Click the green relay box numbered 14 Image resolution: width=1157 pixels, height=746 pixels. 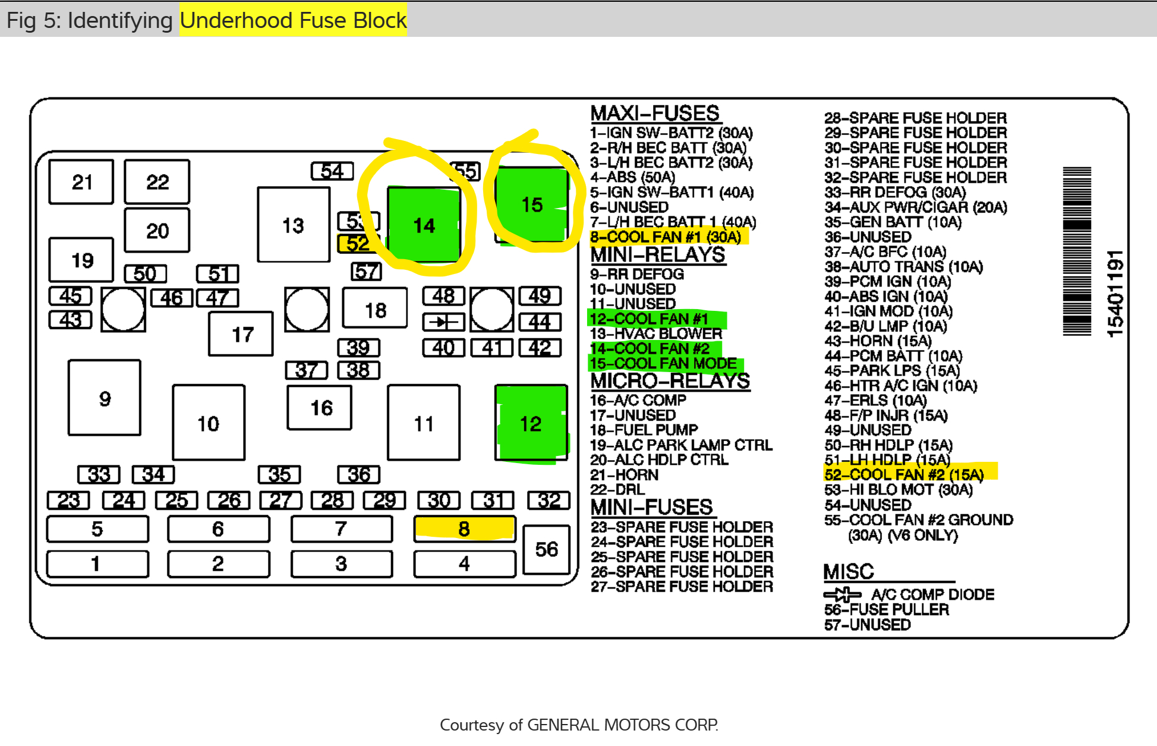(424, 225)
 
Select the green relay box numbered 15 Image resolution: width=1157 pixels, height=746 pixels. (531, 204)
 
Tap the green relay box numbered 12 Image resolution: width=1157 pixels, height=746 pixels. (531, 423)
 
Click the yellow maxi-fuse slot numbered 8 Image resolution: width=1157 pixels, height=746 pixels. (464, 528)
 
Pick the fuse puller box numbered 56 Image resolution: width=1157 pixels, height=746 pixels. (546, 549)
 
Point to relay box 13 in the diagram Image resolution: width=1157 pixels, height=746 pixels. (293, 225)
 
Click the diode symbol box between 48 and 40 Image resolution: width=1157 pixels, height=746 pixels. (443, 322)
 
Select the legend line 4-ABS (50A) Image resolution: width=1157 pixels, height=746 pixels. (632, 177)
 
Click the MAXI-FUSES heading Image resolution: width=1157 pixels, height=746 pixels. (655, 113)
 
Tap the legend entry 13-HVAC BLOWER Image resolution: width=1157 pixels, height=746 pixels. (656, 333)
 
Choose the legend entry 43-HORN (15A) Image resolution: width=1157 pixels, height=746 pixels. (878, 341)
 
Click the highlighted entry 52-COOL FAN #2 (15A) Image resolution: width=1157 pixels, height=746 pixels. (904, 474)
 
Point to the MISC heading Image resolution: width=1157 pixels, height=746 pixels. (849, 572)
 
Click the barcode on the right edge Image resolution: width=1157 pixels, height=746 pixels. (1077, 251)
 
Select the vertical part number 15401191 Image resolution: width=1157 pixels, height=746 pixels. (1115, 293)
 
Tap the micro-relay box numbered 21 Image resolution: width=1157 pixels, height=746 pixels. (81, 182)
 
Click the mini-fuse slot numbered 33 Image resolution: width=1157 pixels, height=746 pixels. (99, 474)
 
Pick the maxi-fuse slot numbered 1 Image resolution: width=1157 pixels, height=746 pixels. (97, 564)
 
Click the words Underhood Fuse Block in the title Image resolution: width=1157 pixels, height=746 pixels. (293, 20)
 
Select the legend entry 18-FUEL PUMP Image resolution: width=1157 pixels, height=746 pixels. (644, 430)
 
